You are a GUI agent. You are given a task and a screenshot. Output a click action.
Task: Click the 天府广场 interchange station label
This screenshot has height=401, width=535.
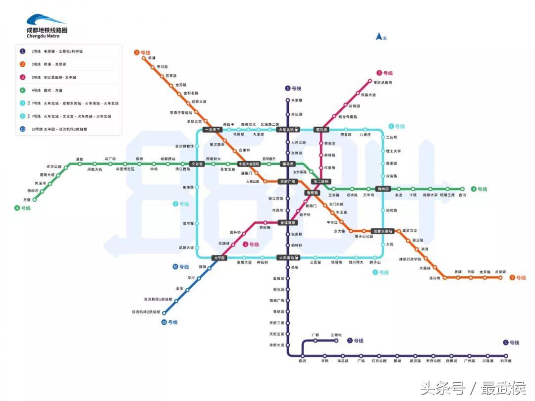(287, 181)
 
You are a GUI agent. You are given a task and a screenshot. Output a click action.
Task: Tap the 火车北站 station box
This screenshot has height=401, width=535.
(288, 130)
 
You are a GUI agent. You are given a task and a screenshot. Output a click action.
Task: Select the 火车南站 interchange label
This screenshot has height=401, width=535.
(288, 258)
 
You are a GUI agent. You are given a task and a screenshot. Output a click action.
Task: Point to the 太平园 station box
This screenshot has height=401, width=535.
(219, 258)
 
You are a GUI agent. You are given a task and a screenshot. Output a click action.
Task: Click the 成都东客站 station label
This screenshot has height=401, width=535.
(383, 231)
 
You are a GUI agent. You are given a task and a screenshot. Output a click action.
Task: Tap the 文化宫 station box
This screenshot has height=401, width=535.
(197, 164)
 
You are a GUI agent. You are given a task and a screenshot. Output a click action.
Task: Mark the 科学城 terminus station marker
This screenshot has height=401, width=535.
(506, 355)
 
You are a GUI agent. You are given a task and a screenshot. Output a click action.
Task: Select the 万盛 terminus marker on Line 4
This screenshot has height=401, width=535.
(34, 200)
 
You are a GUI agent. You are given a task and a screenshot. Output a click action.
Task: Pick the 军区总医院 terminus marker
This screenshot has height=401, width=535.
(370, 81)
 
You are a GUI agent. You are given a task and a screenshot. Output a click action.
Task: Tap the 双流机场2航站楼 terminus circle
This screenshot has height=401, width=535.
(164, 313)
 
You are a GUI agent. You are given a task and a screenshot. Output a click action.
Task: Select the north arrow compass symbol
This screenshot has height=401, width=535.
(378, 36)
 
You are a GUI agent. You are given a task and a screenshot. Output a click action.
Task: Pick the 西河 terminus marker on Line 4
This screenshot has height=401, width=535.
(463, 189)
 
